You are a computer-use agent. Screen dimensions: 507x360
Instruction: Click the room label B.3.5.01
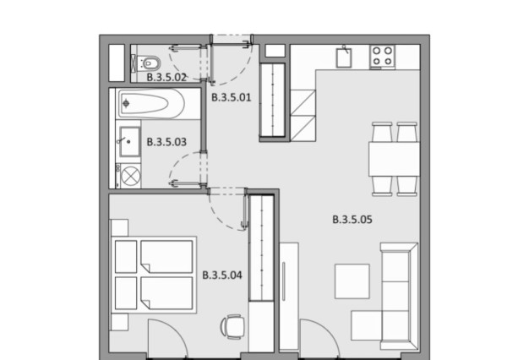[x=232, y=97]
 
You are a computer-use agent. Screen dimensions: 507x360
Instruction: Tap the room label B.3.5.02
[x=166, y=78]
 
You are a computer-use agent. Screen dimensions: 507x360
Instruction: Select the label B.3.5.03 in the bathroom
[x=166, y=142]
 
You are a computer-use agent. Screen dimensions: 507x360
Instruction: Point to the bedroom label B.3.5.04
[x=222, y=275]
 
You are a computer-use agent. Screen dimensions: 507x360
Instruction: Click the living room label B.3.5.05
[x=352, y=220]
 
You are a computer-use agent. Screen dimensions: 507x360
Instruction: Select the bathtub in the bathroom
[x=151, y=103]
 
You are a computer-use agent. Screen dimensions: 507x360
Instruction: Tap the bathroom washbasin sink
[x=129, y=142]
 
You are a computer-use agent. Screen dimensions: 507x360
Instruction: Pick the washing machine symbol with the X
[x=130, y=177]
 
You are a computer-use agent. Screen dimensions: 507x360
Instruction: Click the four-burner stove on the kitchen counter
[x=383, y=57]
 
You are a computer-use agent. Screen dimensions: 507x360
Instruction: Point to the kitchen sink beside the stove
[x=344, y=57]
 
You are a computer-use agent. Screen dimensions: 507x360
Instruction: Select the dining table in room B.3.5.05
[x=394, y=159]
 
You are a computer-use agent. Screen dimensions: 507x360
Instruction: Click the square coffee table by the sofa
[x=352, y=281]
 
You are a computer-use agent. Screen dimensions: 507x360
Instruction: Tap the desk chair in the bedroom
[x=233, y=327]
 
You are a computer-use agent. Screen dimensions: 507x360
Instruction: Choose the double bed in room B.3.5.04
[x=154, y=275]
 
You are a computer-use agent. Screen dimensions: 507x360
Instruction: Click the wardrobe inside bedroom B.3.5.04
[x=262, y=248]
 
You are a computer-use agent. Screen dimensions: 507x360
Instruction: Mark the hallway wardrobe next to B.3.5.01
[x=272, y=100]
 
